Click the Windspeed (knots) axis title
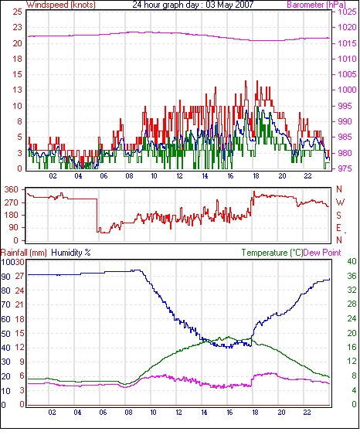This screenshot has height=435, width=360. [61, 5]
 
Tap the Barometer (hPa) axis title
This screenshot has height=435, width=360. [317, 5]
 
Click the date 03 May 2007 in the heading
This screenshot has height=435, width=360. [229, 5]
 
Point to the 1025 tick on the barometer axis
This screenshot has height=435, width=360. [347, 12]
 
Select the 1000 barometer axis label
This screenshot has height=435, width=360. [347, 90]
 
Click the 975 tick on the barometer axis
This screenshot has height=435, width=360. [345, 168]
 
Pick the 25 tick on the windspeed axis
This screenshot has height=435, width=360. [17, 12]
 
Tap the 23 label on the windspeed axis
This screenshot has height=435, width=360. [17, 28]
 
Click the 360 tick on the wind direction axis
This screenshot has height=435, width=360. [12, 190]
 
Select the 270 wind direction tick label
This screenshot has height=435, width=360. [12, 202]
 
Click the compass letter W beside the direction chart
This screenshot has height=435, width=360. [340, 202]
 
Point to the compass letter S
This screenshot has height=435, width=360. [338, 215]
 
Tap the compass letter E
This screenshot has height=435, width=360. [338, 228]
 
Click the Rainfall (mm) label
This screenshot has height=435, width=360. [24, 253]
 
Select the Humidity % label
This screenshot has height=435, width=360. [71, 253]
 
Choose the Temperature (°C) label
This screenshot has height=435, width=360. [272, 253]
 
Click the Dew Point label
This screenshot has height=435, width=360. [322, 253]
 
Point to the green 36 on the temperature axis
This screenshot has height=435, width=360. [352, 276]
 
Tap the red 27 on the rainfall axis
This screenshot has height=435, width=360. [19, 277]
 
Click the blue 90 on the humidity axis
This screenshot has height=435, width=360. [6, 277]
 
